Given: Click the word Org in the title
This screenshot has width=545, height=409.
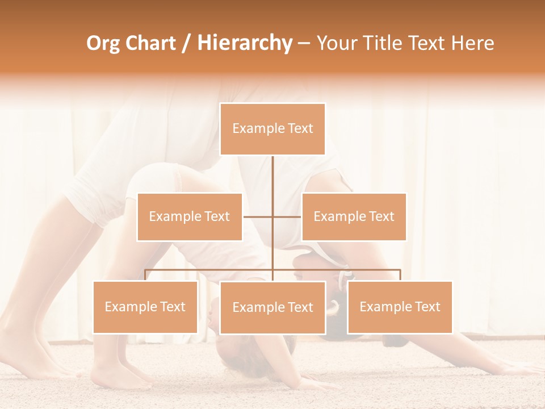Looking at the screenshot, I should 103,43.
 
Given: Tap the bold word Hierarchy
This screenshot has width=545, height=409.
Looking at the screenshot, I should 245,43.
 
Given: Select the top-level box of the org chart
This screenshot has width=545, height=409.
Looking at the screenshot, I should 272,129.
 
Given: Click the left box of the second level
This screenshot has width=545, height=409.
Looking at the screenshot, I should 190,216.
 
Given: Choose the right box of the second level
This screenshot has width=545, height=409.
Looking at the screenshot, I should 354,216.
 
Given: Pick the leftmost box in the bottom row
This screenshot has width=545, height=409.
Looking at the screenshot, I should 145,307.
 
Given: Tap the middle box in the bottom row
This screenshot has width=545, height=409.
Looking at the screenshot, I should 272,307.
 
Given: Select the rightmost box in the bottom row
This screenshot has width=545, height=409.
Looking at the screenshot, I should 400,307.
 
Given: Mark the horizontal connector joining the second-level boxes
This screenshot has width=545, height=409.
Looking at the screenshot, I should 258,216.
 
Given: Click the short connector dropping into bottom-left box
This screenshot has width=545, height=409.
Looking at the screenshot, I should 145,275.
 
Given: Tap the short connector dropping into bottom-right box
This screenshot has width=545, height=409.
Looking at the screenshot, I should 400,275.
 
